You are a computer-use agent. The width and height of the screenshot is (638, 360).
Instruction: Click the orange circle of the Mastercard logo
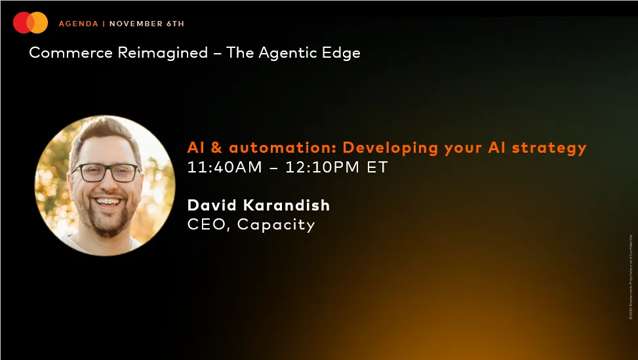39,24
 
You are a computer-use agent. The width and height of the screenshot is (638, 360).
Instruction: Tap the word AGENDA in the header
78,24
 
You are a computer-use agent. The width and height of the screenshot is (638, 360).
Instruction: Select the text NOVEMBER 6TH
147,24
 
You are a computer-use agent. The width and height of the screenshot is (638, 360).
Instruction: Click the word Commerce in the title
71,52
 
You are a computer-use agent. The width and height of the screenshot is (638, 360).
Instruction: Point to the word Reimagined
163,52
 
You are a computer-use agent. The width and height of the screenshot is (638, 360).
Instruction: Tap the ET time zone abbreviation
378,167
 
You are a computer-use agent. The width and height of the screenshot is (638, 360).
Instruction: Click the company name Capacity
276,225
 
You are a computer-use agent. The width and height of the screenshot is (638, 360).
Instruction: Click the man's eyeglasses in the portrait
105,172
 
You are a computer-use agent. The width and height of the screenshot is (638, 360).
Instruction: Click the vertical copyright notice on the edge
631,275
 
